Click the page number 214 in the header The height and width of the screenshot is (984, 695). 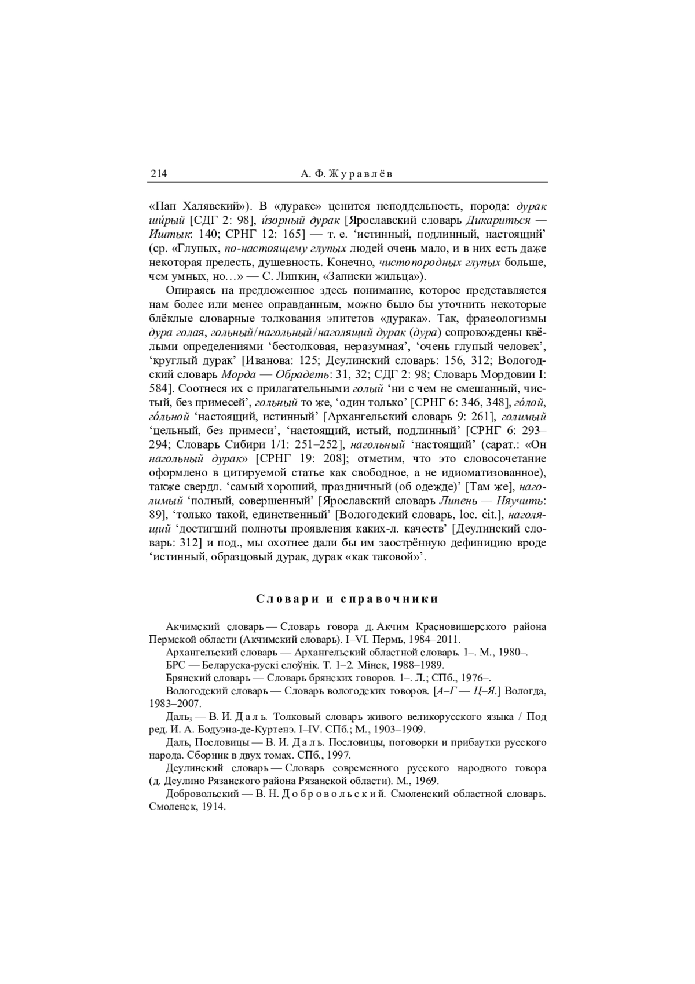158,174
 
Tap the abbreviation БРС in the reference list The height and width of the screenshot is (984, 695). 175,665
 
